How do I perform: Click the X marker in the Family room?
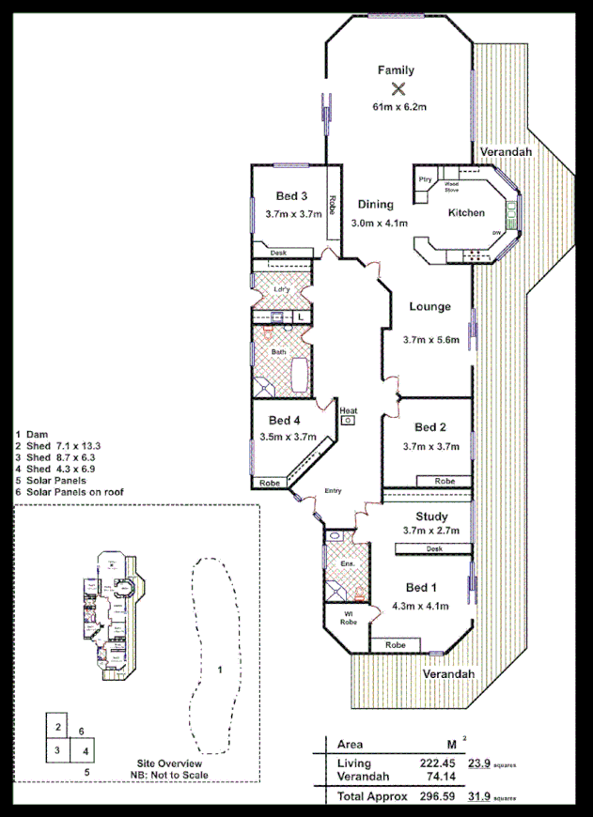[398, 89]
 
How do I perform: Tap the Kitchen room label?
[466, 213]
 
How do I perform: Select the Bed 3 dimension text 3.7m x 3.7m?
[293, 214]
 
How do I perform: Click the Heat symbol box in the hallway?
[348, 421]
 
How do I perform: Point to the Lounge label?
[429, 306]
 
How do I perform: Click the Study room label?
[430, 516]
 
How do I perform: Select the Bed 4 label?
[286, 420]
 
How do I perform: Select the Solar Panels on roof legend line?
[70, 492]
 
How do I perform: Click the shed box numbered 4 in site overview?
[85, 750]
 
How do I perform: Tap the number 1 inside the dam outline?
[219, 670]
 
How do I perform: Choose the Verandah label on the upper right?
[506, 151]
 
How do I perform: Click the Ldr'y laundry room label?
[280, 289]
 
